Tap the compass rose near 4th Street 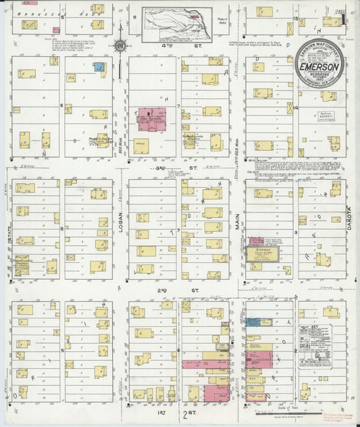tap(120, 46)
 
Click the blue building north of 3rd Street tap(99, 67)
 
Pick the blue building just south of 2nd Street tap(253, 322)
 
